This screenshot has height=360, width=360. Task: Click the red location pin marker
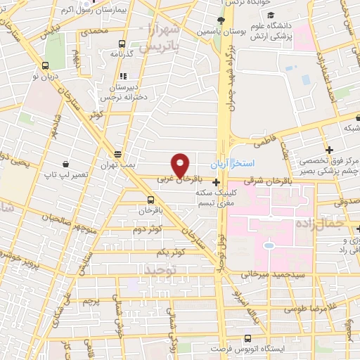(181, 165)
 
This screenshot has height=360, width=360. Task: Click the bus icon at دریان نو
(46, 65)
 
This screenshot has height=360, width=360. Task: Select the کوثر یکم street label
(171, 252)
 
